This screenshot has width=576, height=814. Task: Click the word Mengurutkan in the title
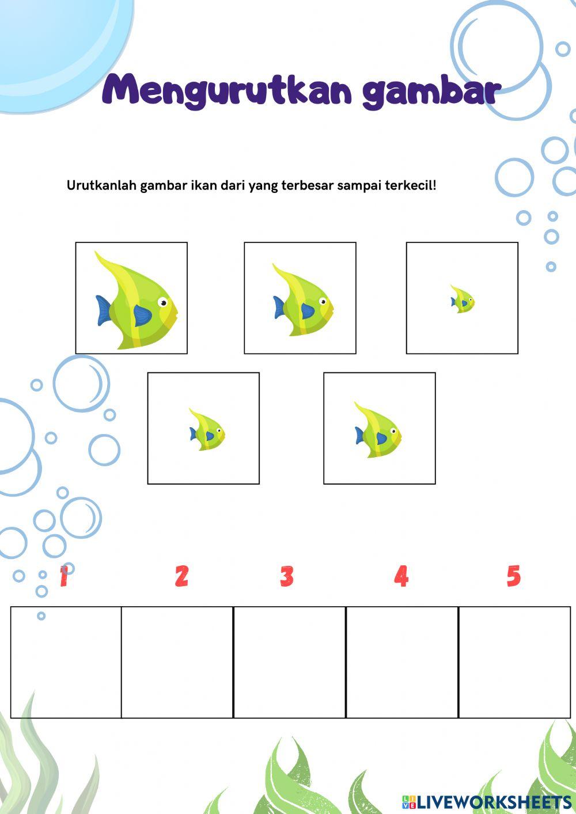(228, 92)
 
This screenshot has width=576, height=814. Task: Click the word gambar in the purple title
(431, 92)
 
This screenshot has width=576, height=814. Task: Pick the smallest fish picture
(463, 300)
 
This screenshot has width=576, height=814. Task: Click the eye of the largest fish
(164, 302)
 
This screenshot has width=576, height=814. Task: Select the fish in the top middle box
(303, 302)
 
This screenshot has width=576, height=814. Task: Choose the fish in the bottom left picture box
(207, 430)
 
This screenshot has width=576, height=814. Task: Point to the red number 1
(64, 576)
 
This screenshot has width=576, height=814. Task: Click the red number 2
(181, 576)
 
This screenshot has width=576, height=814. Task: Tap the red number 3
(287, 576)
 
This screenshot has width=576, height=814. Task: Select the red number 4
(401, 576)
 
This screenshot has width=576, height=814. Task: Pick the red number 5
(513, 576)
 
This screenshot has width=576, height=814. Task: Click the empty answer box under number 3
(289, 662)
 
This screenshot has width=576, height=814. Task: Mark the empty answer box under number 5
(514, 662)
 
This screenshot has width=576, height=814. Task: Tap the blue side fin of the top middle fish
(308, 311)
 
